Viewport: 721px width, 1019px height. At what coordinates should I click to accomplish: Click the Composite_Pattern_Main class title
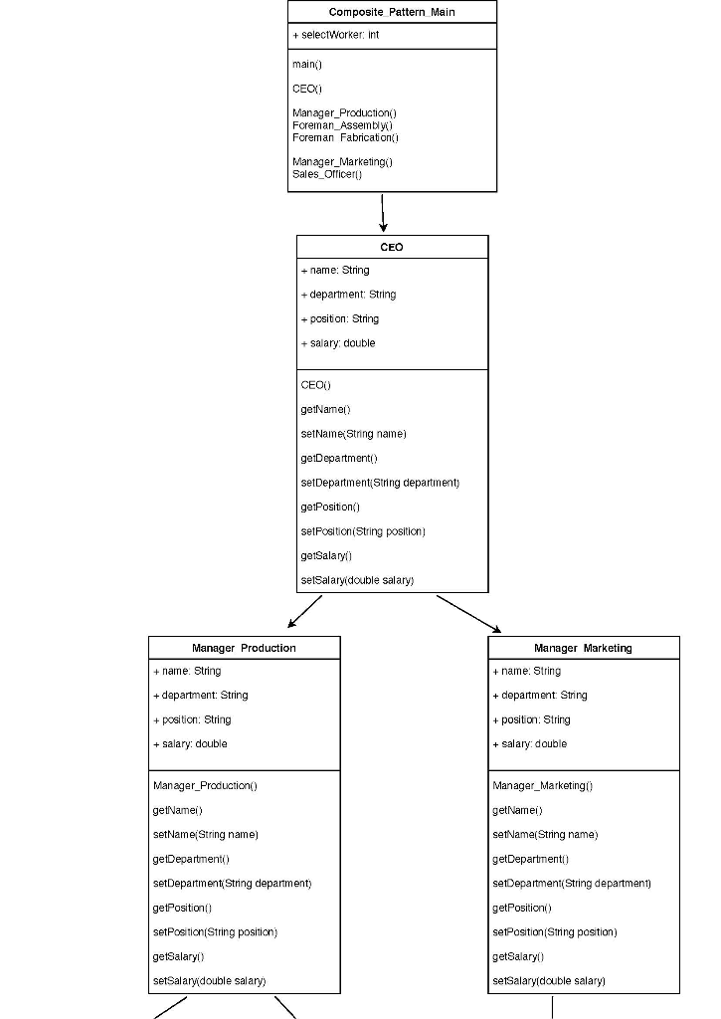[392, 11]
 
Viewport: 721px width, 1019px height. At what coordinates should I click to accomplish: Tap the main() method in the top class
[306, 64]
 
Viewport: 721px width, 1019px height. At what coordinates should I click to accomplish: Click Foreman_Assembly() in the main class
[342, 125]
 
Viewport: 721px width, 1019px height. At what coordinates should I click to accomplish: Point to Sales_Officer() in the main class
[327, 174]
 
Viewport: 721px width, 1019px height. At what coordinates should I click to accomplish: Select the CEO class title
[392, 247]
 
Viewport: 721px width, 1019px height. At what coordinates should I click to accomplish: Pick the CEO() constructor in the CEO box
[315, 384]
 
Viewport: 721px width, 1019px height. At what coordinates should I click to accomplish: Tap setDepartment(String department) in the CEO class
[379, 483]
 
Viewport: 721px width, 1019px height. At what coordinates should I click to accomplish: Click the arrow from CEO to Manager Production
[305, 612]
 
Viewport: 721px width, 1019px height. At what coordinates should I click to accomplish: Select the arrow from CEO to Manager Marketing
[468, 613]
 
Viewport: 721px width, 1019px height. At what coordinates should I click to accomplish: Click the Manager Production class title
[244, 648]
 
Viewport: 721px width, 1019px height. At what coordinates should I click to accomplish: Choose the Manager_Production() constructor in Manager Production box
[205, 786]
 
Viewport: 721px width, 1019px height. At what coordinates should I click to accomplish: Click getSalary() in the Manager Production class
[178, 956]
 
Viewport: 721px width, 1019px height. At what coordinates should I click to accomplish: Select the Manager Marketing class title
[583, 648]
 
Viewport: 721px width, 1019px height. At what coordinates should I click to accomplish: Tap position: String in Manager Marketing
[532, 719]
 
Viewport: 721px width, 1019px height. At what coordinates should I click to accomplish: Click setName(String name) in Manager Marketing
[545, 835]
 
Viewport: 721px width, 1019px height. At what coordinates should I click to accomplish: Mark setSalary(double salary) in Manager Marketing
[548, 981]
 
